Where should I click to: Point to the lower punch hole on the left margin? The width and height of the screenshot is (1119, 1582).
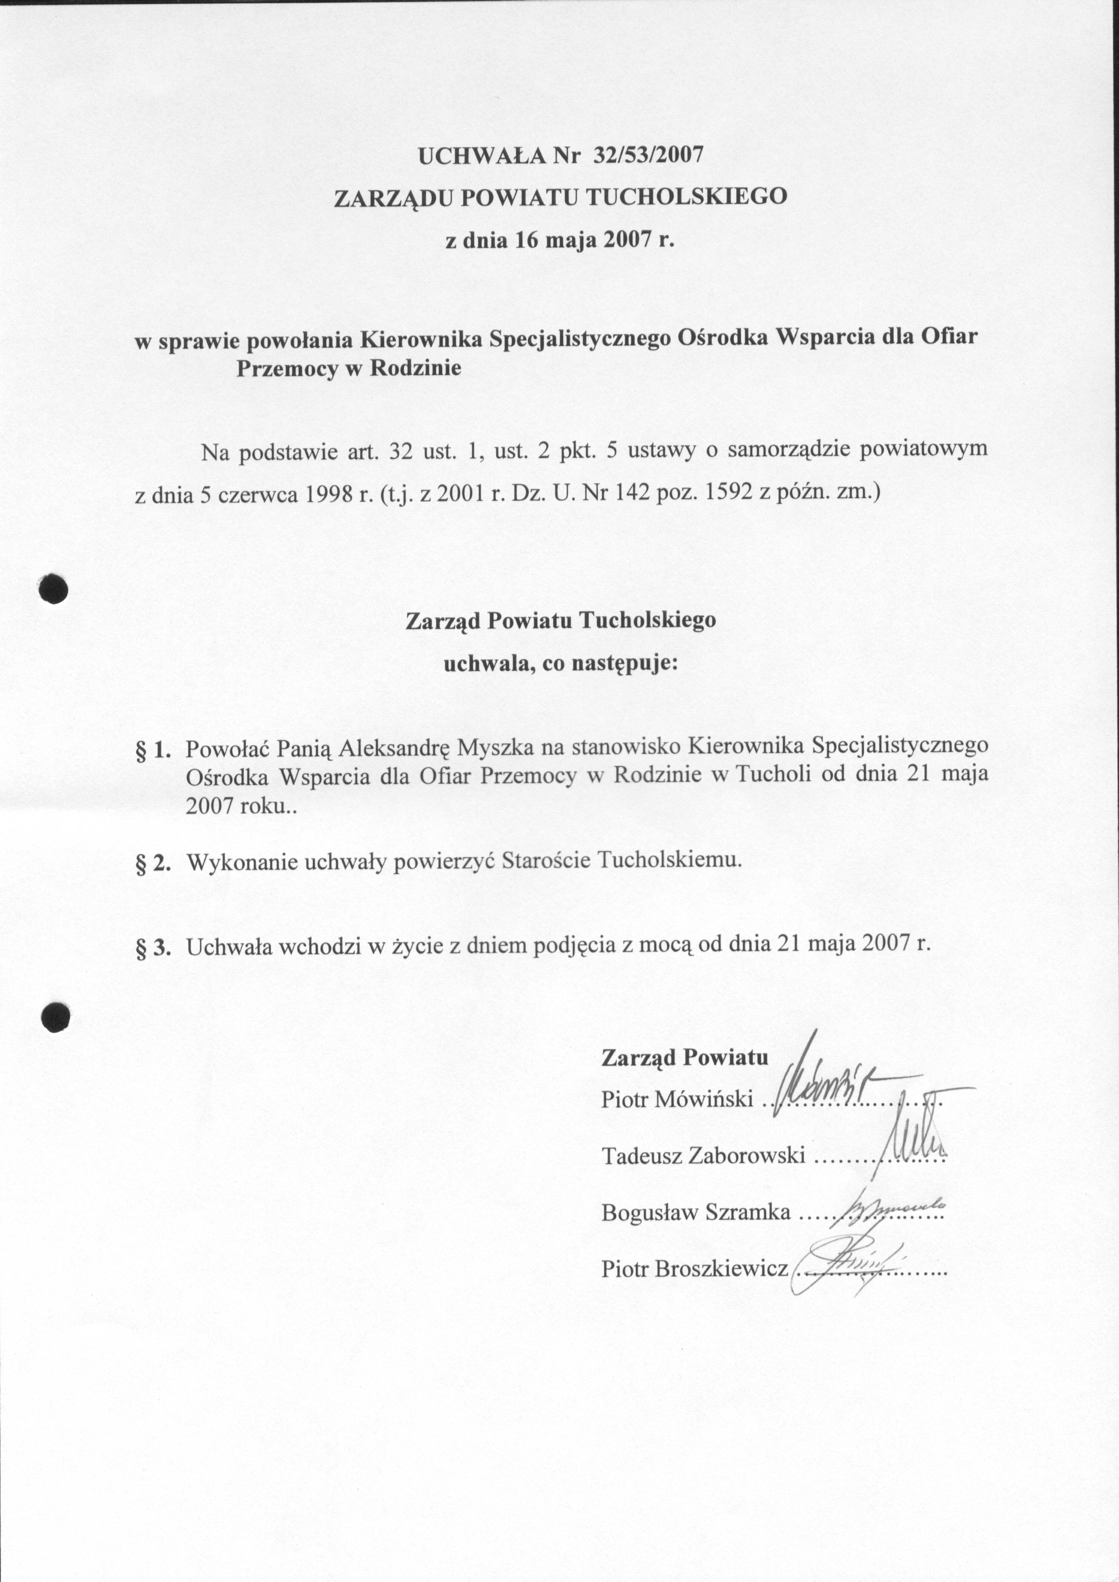pyautogui.click(x=55, y=1018)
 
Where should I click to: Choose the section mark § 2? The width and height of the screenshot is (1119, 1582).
pyautogui.click(x=153, y=863)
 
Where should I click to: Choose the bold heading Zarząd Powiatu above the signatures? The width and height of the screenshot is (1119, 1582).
pyautogui.click(x=684, y=1057)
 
